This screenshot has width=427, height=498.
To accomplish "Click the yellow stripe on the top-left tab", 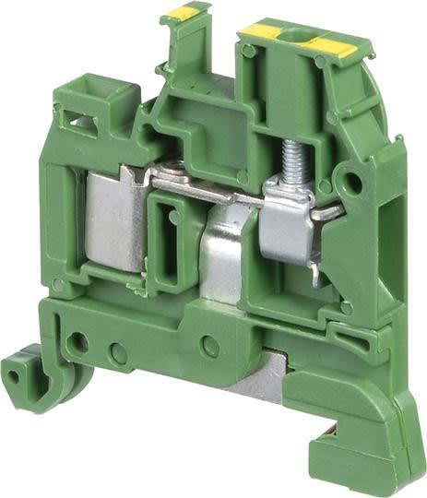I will pyautogui.click(x=182, y=12).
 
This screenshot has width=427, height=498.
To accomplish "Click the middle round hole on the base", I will pyautogui.click(x=117, y=351).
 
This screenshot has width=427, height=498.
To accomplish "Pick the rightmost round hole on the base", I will pyautogui.click(x=210, y=347).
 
